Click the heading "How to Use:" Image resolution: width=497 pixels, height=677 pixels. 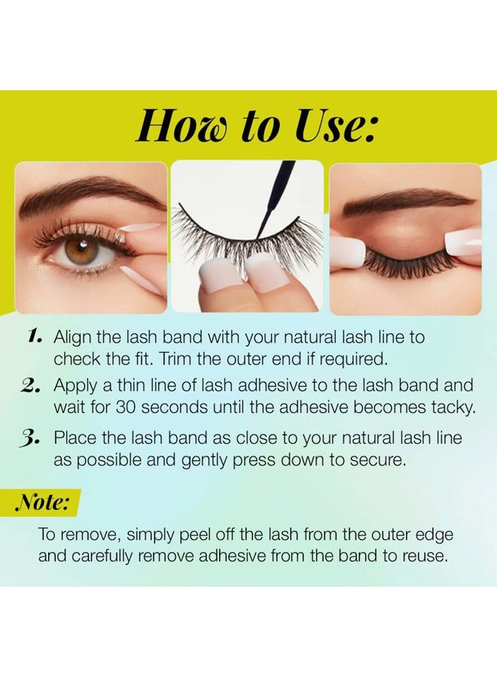(x=255, y=125)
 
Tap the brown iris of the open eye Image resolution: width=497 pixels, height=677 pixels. (x=78, y=249)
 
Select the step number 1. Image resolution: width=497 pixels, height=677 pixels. (x=32, y=336)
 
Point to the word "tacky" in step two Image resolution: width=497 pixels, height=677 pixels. (x=450, y=407)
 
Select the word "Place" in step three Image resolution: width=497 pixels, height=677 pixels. (x=75, y=438)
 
